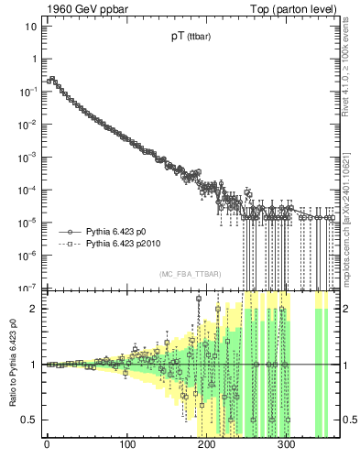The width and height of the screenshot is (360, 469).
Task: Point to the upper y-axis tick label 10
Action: pyautogui.click(x=30, y=26)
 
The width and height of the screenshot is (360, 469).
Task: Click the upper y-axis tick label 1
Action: pyautogui.click(x=34, y=59)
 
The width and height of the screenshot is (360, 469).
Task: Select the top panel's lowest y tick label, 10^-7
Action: pyautogui.click(x=28, y=287)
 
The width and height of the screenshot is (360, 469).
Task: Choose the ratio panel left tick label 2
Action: pyautogui.click(x=34, y=309)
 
